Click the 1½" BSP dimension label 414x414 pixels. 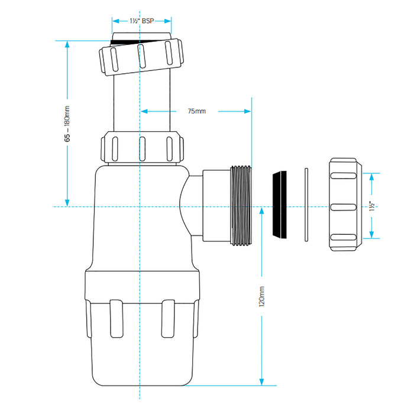(x=141, y=20)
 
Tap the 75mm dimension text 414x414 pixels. (x=196, y=111)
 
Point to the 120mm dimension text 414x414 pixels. (x=261, y=296)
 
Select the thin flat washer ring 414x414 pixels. (x=306, y=205)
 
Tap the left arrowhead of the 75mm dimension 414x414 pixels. (x=143, y=111)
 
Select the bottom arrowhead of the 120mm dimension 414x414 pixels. (x=261, y=381)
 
